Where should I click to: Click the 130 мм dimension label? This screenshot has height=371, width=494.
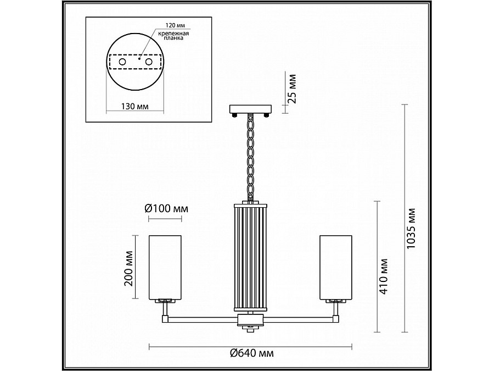click(135, 106)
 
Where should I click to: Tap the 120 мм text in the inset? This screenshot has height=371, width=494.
click(175, 25)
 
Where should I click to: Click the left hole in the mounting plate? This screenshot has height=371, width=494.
click(122, 62)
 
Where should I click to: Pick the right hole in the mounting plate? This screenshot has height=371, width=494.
click(149, 62)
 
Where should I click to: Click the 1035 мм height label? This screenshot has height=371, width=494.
click(411, 228)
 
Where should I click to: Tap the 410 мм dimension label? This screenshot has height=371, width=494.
click(384, 276)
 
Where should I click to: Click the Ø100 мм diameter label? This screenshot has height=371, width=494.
click(166, 208)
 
